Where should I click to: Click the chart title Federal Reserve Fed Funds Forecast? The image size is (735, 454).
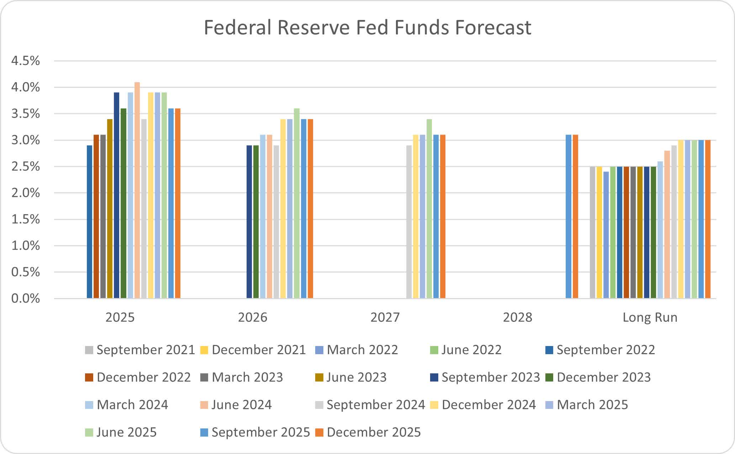click(x=367, y=28)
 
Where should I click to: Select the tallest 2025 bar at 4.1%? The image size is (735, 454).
click(x=137, y=190)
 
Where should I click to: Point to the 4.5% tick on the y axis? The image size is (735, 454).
click(x=26, y=61)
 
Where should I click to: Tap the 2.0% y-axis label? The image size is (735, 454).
click(x=26, y=193)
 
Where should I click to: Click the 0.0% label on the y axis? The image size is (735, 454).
click(x=26, y=298)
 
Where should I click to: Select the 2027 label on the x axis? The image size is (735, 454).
click(x=385, y=317)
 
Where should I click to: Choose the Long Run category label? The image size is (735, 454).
click(x=650, y=317)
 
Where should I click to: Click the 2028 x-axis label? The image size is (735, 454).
click(x=517, y=317)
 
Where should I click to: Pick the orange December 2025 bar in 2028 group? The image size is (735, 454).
click(x=575, y=217)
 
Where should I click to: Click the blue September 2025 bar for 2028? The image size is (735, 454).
click(x=569, y=217)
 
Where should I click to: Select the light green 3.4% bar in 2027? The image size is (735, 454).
click(x=429, y=209)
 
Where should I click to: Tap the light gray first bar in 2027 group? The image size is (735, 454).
click(x=409, y=222)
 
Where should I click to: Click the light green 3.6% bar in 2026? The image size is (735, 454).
click(x=297, y=203)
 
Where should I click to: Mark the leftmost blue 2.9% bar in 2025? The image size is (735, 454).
click(x=89, y=222)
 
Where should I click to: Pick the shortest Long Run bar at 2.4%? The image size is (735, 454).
click(x=606, y=235)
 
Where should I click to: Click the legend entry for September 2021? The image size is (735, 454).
click(x=140, y=350)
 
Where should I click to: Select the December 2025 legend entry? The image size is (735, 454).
click(x=368, y=432)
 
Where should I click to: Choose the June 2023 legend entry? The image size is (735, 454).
click(x=351, y=377)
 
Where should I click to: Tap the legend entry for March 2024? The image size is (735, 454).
click(x=127, y=405)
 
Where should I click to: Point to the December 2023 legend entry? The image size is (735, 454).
click(x=598, y=377)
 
